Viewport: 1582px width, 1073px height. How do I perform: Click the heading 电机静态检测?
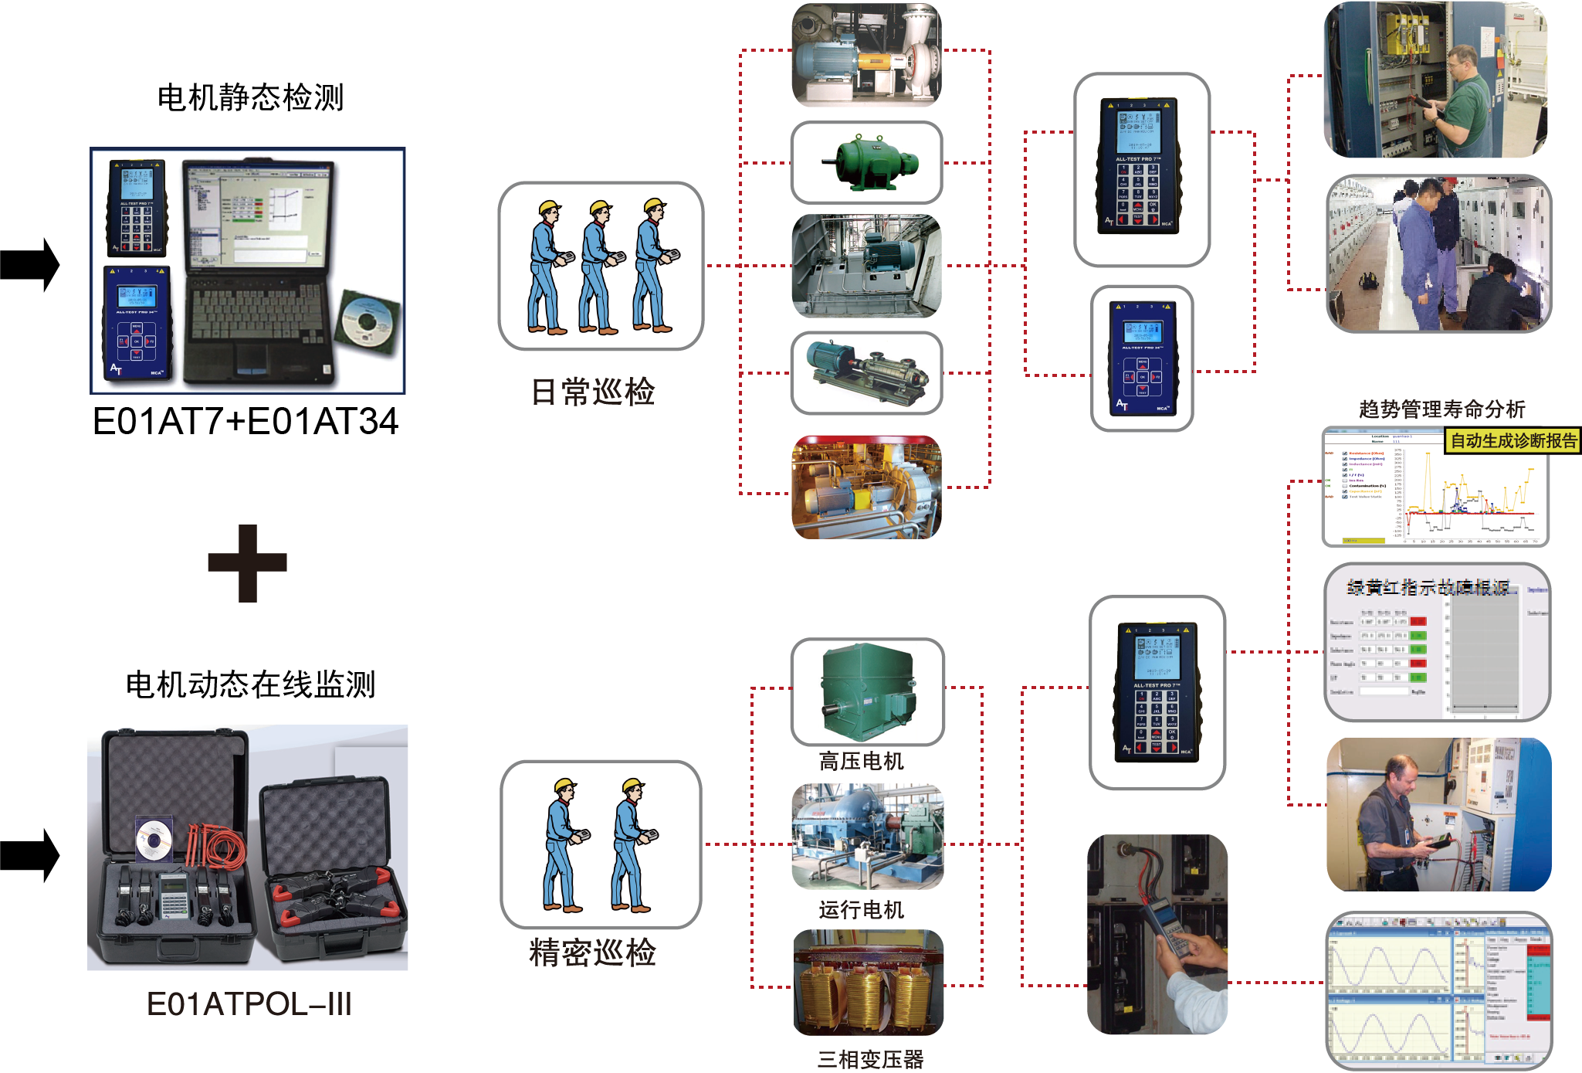pos(250,98)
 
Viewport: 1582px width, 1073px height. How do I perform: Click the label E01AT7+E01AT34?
pos(246,422)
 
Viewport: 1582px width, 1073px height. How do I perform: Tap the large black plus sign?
pos(247,563)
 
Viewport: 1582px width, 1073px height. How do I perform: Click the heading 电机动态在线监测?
pos(250,684)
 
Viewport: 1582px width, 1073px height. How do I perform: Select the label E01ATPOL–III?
pos(249,1004)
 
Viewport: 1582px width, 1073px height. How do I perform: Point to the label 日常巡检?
pos(593,392)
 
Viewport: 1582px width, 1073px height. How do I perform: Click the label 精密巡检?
pos(593,952)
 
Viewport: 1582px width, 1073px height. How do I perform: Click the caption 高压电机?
pos(862,762)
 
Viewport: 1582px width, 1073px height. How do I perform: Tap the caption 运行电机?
pos(862,910)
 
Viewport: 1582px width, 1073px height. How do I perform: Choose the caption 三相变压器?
pos(870,1060)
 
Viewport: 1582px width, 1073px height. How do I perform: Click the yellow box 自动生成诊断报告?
pos(1513,440)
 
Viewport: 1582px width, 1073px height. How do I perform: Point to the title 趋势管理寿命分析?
pos(1441,409)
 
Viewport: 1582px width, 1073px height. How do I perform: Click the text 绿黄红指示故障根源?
pos(1428,588)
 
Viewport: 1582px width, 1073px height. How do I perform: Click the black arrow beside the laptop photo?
pos(31,265)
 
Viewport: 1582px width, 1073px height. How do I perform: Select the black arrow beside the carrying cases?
pos(31,855)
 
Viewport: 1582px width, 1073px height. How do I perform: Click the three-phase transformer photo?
pos(869,983)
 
